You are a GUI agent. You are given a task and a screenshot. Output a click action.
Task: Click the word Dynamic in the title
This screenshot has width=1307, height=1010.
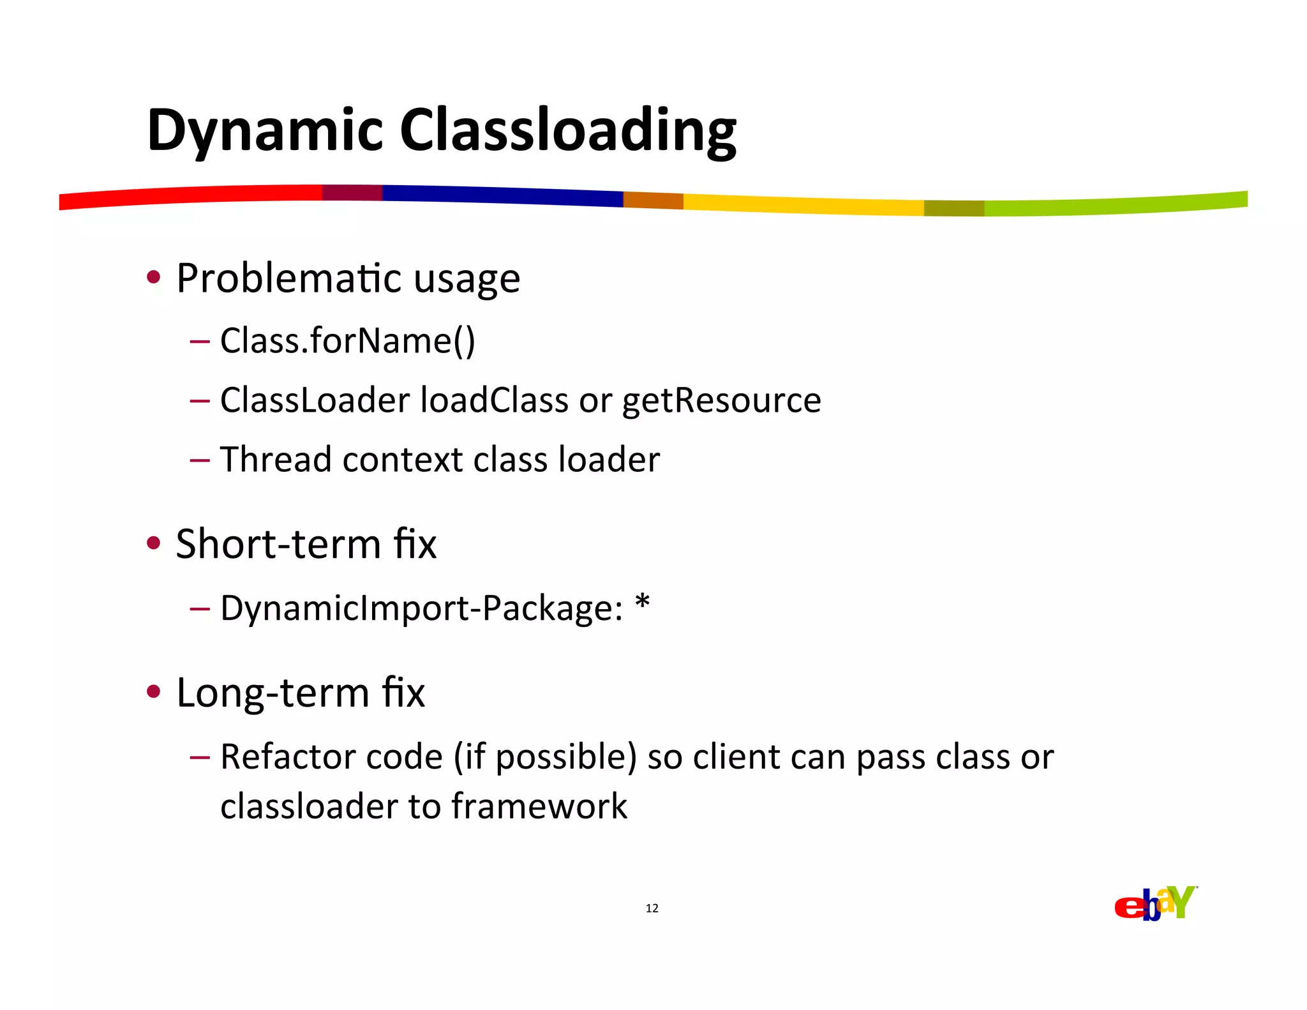(x=265, y=131)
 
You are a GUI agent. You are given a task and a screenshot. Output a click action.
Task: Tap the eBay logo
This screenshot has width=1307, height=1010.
(x=1155, y=903)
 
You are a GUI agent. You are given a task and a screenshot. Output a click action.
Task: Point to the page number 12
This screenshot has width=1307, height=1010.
(x=652, y=908)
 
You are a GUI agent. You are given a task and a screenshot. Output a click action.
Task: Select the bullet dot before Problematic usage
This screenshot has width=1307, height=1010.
(x=153, y=277)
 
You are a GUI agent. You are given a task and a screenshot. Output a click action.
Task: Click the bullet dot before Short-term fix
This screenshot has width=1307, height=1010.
(x=153, y=543)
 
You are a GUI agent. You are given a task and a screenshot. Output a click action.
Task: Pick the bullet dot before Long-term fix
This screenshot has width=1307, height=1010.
(x=153, y=691)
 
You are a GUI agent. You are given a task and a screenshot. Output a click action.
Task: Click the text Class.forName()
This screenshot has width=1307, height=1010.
(x=348, y=340)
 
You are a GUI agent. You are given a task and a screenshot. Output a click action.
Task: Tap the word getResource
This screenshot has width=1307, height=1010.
(x=721, y=401)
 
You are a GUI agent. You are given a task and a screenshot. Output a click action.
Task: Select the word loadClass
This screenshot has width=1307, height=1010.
(x=494, y=400)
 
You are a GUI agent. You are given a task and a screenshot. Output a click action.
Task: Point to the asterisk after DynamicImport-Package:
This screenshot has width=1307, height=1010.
(x=642, y=602)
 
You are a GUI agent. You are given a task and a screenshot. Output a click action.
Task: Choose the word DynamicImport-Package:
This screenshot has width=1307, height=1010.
(x=421, y=608)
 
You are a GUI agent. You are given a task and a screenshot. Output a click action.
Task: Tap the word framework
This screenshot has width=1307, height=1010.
(x=539, y=806)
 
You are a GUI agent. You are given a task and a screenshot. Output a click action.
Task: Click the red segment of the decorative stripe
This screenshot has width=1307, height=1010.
(x=191, y=196)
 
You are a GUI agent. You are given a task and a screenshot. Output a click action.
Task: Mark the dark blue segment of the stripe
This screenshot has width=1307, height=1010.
(x=504, y=195)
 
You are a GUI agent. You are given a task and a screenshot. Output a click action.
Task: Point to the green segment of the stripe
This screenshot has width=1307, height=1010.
(x=1117, y=205)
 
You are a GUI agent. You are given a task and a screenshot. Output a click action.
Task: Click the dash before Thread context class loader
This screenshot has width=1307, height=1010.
(x=200, y=459)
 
